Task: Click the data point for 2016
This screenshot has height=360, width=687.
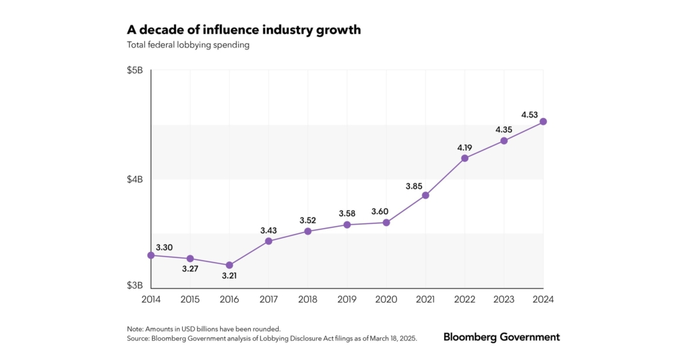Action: [x=229, y=265]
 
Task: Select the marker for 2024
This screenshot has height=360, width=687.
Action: [x=544, y=121]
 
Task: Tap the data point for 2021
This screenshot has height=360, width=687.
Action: [x=426, y=195]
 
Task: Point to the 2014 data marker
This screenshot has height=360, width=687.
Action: [x=151, y=255]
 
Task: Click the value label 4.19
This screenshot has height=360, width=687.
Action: [x=465, y=147]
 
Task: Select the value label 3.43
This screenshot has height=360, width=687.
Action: [x=269, y=230]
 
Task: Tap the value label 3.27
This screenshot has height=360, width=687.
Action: [x=190, y=270]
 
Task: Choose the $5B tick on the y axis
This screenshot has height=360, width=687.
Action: [x=135, y=71]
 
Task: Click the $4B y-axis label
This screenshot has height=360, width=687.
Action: [x=135, y=179]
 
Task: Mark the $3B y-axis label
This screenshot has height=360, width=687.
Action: [x=135, y=286]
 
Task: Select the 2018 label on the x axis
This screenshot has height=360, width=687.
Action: [x=308, y=299]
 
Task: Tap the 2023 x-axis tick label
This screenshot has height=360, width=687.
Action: [x=504, y=299]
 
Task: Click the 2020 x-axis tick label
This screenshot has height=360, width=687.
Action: [x=386, y=299]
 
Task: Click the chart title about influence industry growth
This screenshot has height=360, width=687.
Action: [x=243, y=31]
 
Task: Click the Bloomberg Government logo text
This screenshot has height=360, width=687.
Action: [x=502, y=337]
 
